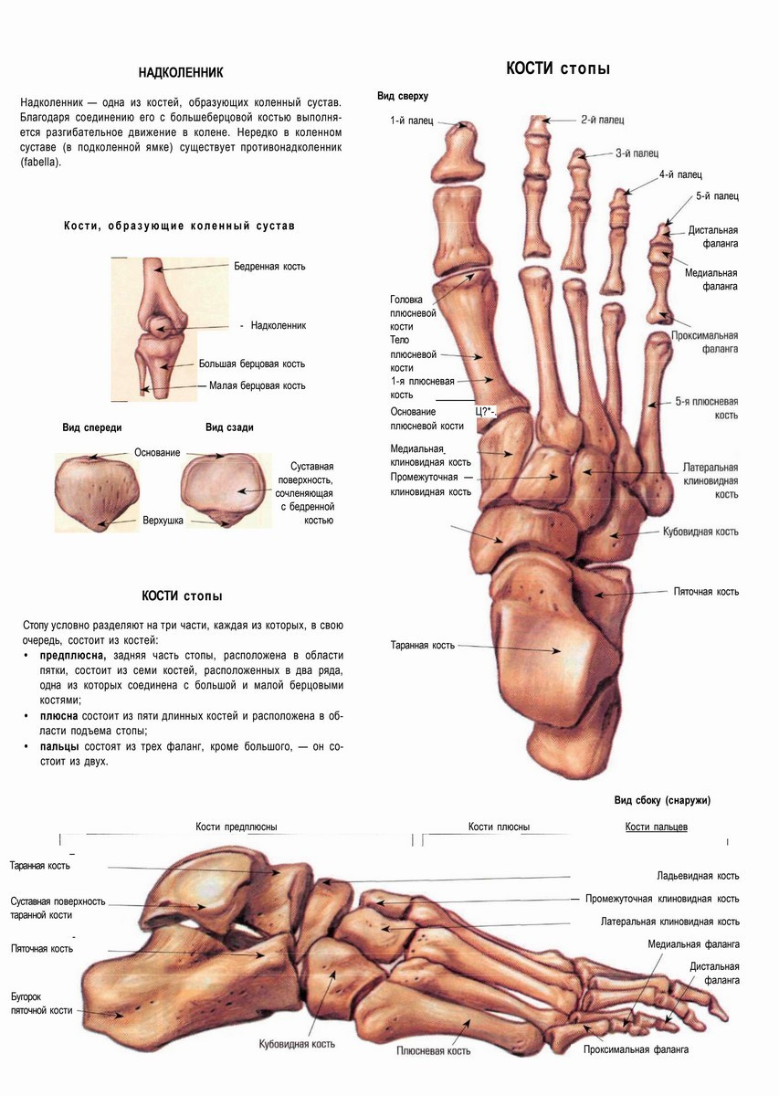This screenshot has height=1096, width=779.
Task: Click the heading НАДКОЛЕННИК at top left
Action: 180,72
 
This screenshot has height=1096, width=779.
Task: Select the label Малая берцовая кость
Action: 257,385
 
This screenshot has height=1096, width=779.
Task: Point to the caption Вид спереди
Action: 92,427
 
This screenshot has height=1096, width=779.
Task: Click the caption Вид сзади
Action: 229,427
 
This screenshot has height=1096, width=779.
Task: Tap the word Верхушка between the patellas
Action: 163,521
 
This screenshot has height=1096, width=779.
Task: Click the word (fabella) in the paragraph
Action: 43,163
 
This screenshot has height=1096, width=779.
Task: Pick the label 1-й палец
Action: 411,120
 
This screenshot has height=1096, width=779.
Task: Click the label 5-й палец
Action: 717,195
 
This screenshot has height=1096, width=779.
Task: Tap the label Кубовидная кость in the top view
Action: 700,532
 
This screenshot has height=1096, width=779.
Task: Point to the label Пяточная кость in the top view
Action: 706,592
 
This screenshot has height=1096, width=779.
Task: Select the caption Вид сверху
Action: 403,96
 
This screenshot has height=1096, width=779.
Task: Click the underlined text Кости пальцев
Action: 656,827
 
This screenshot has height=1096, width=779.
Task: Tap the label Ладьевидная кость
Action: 698,875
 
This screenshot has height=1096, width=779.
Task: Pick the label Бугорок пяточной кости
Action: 41,1003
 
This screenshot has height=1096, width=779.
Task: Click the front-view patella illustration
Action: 97,490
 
